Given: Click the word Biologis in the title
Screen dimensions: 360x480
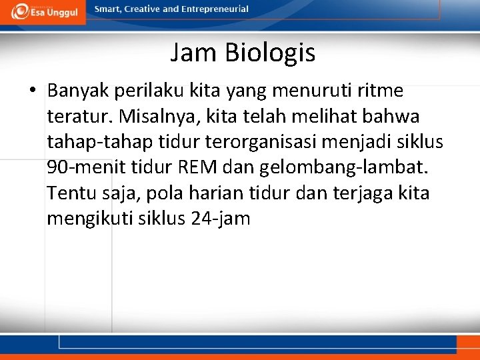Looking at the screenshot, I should (270, 53).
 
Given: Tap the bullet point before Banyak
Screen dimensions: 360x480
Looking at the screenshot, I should (32, 90).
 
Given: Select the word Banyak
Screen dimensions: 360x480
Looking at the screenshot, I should (78, 90).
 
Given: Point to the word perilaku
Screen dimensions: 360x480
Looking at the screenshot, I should (143, 90).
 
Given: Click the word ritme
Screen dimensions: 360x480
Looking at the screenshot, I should (382, 90).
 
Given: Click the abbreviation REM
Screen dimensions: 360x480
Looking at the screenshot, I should (198, 168).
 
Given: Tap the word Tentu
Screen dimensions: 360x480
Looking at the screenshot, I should (69, 193).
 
